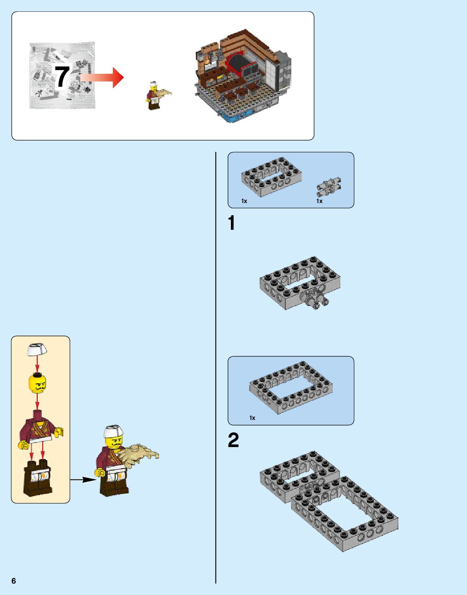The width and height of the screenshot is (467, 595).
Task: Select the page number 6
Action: pos(14,580)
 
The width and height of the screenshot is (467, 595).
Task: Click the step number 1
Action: pos(231,223)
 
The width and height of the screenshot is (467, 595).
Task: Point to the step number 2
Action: pos(233,441)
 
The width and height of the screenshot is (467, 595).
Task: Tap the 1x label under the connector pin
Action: pos(319,201)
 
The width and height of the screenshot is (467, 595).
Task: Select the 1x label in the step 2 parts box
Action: pos(252,418)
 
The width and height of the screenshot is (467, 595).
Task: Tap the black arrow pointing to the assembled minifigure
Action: pos(83,479)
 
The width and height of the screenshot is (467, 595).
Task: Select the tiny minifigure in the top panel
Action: pos(153,96)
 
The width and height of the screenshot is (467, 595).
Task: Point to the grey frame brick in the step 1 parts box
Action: pos(271,177)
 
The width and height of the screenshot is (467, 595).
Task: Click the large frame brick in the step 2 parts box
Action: pos(291,387)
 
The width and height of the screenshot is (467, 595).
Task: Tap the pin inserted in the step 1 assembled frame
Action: pos(315,300)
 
